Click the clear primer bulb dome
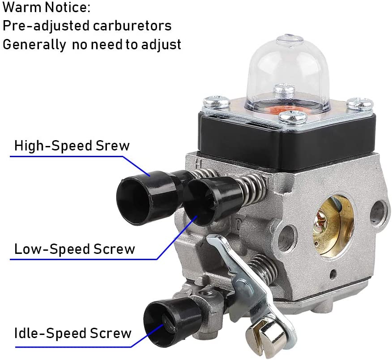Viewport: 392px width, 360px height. (286, 73)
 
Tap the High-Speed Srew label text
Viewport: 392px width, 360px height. (72, 146)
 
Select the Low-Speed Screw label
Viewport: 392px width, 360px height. (74, 249)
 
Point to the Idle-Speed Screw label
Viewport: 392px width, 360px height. (73, 334)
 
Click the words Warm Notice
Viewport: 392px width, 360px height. (47, 7)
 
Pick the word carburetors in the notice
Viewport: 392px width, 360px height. (132, 26)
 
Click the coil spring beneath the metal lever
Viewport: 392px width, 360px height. (263, 270)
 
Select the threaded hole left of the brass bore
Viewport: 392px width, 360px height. (287, 238)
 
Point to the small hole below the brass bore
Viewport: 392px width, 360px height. (333, 274)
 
